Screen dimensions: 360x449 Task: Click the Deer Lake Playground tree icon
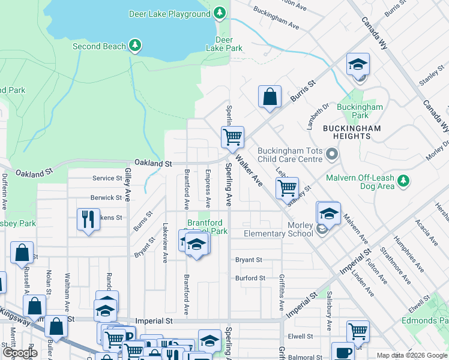click(x=220, y=13)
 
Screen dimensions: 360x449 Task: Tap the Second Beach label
click(x=99, y=46)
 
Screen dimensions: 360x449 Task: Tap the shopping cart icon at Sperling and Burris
click(x=232, y=137)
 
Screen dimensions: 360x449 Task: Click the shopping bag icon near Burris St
click(x=270, y=96)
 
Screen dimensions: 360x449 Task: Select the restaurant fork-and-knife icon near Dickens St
click(x=88, y=219)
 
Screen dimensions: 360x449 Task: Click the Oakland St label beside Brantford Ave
click(x=153, y=163)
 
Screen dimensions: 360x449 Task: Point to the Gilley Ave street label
click(x=128, y=184)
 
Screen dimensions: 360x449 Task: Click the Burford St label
click(x=250, y=278)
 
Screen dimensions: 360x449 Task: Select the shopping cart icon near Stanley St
click(x=288, y=187)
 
